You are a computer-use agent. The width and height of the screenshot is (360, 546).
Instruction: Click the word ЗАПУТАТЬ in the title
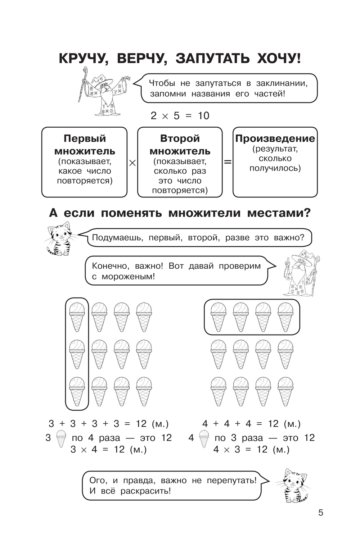tap(212, 58)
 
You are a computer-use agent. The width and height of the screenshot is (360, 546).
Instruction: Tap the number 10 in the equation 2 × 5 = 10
tap(203, 115)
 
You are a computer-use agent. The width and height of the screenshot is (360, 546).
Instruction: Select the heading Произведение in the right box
tap(275, 138)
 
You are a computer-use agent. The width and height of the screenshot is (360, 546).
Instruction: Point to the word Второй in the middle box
tap(180, 138)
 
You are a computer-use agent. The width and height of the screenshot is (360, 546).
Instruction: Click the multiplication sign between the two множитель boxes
tap(132, 163)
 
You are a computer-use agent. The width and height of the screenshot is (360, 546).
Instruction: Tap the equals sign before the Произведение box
tap(228, 162)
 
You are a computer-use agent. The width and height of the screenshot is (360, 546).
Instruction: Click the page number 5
tap(320, 513)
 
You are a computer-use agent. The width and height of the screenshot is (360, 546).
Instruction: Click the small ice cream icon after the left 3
tap(61, 438)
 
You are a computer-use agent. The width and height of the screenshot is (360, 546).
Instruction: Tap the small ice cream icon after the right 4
tap(204, 438)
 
